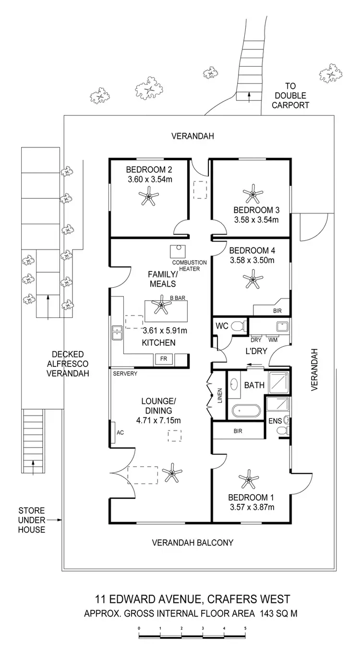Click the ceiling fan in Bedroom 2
[148, 196]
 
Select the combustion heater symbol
[177, 252]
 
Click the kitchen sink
[117, 332]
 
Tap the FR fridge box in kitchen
[164, 359]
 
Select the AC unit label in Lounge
[120, 432]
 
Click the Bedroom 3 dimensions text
[256, 220]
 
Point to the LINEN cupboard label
[220, 395]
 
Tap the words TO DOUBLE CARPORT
[290, 96]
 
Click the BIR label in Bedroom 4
[277, 311]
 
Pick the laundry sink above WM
[281, 327]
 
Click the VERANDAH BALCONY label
[192, 543]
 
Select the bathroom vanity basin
[235, 385]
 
